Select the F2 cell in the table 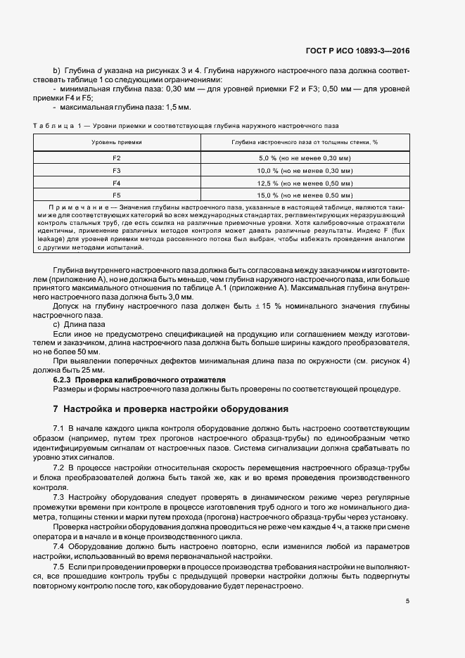coord(117,159)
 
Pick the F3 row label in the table coord(117,171)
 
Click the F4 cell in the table coord(117,183)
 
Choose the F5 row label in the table coord(117,195)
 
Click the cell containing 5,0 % coord(305,159)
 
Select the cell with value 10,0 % coord(305,171)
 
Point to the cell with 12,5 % coord(305,183)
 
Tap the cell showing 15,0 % coord(305,195)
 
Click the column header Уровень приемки coord(117,142)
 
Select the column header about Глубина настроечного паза coord(305,142)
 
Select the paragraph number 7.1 coord(58,428)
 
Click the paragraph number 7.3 coord(58,497)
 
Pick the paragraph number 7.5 coord(58,566)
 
